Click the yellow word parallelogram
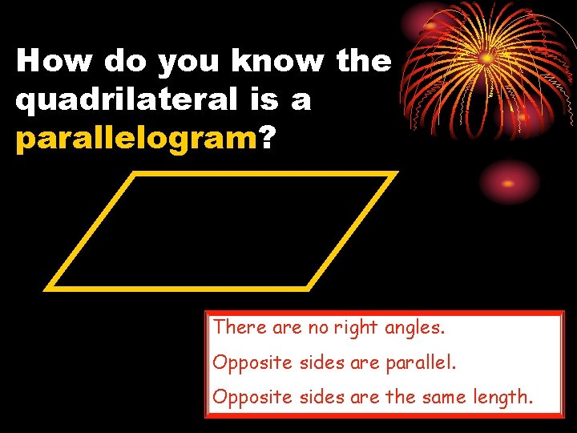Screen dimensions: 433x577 click(135, 140)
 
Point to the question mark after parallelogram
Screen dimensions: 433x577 click(266, 140)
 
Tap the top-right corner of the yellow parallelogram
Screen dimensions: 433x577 click(394, 174)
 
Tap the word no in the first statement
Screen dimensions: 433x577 click(318, 328)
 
